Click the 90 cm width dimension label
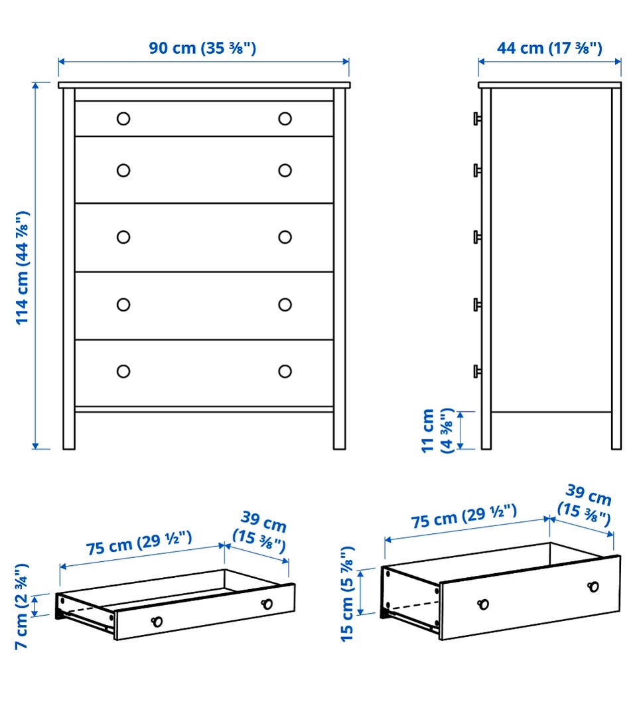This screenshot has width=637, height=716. [x=202, y=48]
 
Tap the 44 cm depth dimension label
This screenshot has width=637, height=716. [x=549, y=48]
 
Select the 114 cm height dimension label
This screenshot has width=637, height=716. [x=23, y=268]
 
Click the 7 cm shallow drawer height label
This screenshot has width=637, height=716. [x=21, y=606]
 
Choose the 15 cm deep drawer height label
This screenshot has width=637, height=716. [x=347, y=594]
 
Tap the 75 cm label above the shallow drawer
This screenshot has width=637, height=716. [x=139, y=543]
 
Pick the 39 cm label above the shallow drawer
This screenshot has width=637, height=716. [x=260, y=531]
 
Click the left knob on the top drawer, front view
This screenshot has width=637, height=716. [x=123, y=119]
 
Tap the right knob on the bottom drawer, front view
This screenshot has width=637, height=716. [x=285, y=371]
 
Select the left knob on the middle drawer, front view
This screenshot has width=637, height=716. [x=123, y=237]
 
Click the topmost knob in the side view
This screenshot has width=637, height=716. [x=477, y=119]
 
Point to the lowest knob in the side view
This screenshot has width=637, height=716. [x=477, y=371]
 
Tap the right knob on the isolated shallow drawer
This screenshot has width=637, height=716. [x=267, y=604]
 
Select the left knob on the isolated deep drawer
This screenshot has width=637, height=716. [x=483, y=604]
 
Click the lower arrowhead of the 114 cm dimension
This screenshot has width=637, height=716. [x=35, y=445]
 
